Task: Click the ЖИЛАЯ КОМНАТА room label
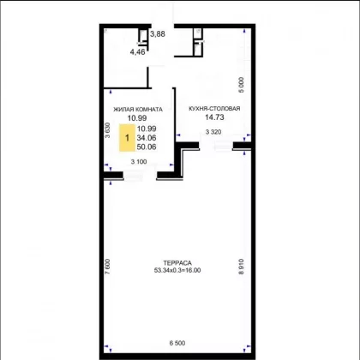[138, 110]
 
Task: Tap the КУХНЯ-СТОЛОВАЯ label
[214, 109]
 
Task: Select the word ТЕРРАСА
[177, 263]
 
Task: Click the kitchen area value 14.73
[214, 117]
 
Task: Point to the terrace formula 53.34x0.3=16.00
[177, 270]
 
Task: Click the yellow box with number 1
[127, 138]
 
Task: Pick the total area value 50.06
[147, 147]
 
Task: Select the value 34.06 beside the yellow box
[147, 138]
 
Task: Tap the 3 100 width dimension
[139, 162]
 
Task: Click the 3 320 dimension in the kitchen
[213, 132]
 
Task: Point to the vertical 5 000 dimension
[242, 85]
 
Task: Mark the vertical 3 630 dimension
[107, 130]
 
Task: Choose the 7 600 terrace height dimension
[107, 267]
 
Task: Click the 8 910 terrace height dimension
[242, 267]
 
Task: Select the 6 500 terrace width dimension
[177, 343]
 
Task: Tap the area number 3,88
[158, 34]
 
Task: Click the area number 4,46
[138, 52]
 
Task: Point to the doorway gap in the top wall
[162, 27]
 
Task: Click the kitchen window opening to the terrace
[216, 146]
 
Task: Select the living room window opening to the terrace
[140, 176]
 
